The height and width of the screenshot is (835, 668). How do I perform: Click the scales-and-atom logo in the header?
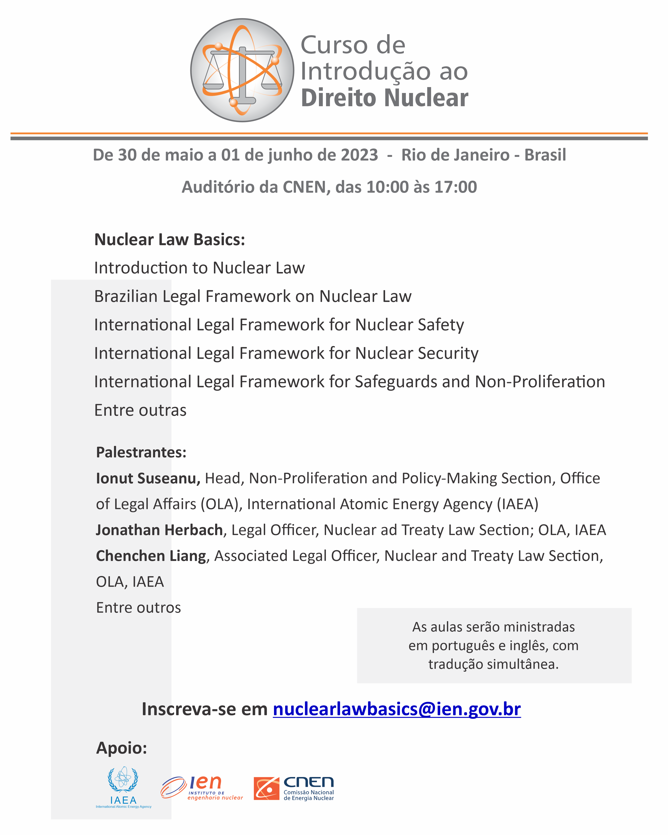pyautogui.click(x=242, y=70)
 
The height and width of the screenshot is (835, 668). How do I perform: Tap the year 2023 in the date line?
pyautogui.click(x=359, y=155)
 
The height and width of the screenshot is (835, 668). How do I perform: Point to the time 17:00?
pyautogui.click(x=455, y=187)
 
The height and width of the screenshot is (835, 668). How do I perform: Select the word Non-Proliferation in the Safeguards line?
pyautogui.click(x=540, y=382)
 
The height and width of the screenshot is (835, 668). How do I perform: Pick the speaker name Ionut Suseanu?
pyautogui.click(x=148, y=478)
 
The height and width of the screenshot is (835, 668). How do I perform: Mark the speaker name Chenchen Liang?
pyautogui.click(x=151, y=556)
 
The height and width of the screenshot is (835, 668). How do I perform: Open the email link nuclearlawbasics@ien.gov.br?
pyautogui.click(x=397, y=709)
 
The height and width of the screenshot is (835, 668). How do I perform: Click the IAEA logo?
pyautogui.click(x=123, y=787)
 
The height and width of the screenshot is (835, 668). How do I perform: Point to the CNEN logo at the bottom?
pyautogui.click(x=294, y=789)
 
